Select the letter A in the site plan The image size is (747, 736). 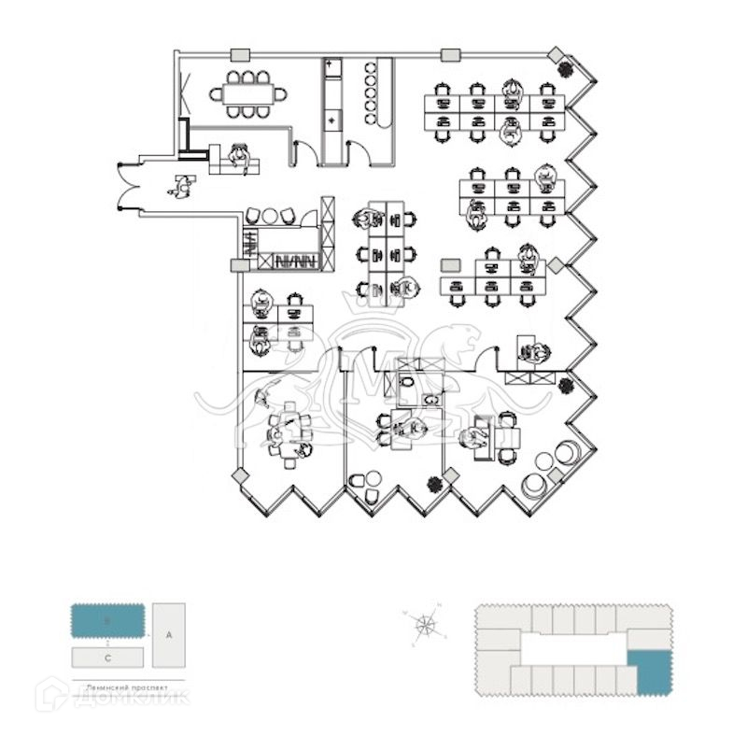(169, 634)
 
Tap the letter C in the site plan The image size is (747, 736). (108, 658)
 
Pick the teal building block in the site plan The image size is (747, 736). (108, 620)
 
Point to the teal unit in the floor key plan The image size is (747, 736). (649, 672)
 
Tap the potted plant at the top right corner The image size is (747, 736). (566, 67)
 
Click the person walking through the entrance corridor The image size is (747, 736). (181, 187)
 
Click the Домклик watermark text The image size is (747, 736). (131, 696)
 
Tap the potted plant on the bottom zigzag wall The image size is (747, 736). (434, 484)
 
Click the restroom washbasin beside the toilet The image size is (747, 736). (430, 400)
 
